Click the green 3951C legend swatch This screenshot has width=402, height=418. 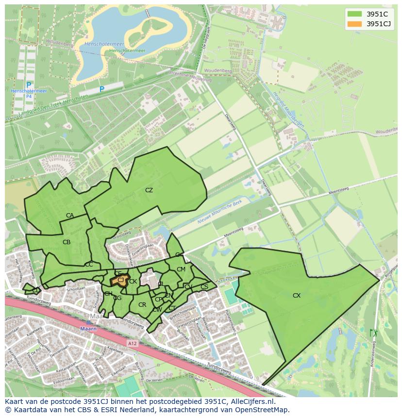click(x=355, y=14)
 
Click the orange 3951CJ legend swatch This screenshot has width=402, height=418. click(x=355, y=24)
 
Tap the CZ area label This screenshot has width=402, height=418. click(x=149, y=190)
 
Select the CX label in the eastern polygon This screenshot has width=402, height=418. click(x=296, y=295)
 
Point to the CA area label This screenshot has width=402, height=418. click(x=70, y=216)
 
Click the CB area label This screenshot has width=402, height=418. click(x=67, y=242)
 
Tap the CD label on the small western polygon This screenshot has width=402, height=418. click(x=36, y=290)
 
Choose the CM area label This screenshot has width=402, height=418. click(x=181, y=269)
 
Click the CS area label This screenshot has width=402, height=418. click(x=204, y=287)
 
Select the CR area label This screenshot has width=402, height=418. click(x=142, y=305)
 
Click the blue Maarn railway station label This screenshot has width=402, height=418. click(x=89, y=329)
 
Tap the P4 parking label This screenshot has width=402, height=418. click(x=29, y=97)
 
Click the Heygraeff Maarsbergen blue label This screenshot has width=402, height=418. click(x=287, y=109)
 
